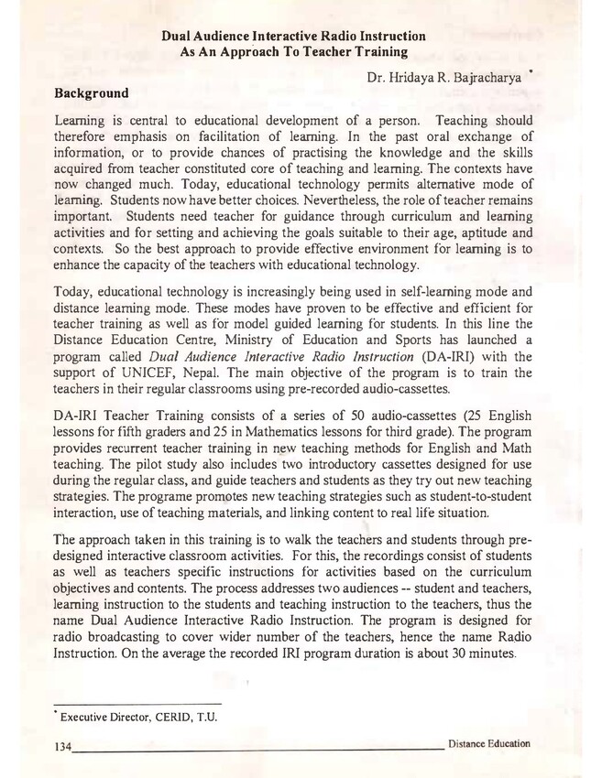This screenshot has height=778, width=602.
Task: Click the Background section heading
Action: point(92,93)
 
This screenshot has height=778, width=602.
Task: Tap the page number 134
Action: point(62,746)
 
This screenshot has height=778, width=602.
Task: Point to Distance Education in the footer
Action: point(488,743)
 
